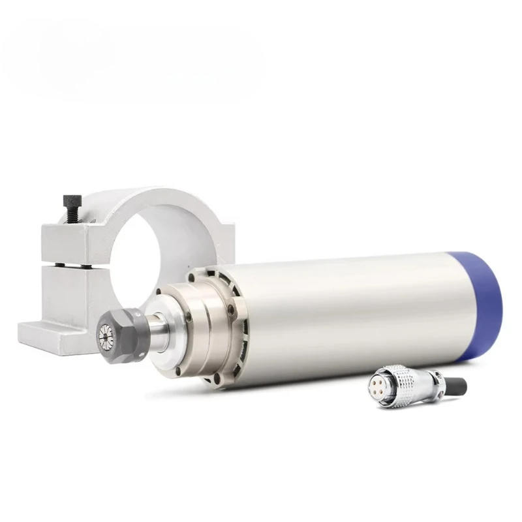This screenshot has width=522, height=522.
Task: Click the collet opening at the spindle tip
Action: click(107, 335)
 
